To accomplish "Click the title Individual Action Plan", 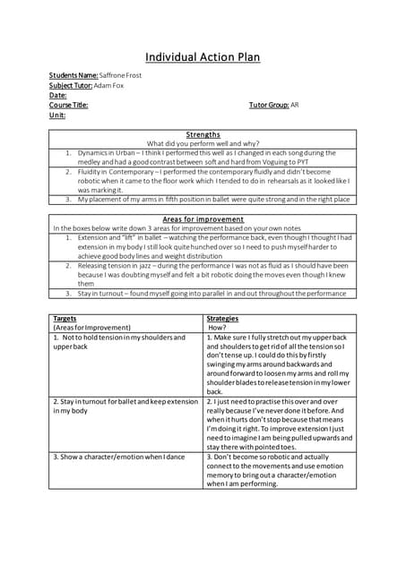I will pyautogui.click(x=203, y=57).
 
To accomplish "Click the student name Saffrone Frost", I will pyautogui.click(x=120, y=75).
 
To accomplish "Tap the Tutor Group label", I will pyautogui.click(x=268, y=105).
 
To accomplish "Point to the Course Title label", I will pyautogui.click(x=69, y=105).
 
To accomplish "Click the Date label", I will pyautogui.click(x=58, y=95).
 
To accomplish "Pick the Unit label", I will pyautogui.click(x=57, y=115).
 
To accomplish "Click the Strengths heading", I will pyautogui.click(x=203, y=134).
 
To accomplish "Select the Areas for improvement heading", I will pyautogui.click(x=203, y=218).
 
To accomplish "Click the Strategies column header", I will pyautogui.click(x=222, y=318).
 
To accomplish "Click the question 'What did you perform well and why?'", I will pyautogui.click(x=203, y=143).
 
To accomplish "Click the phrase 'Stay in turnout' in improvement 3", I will pyautogui.click(x=105, y=293).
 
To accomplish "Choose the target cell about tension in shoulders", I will pyautogui.click(x=119, y=341).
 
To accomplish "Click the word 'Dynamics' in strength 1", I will pyautogui.click(x=95, y=153).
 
